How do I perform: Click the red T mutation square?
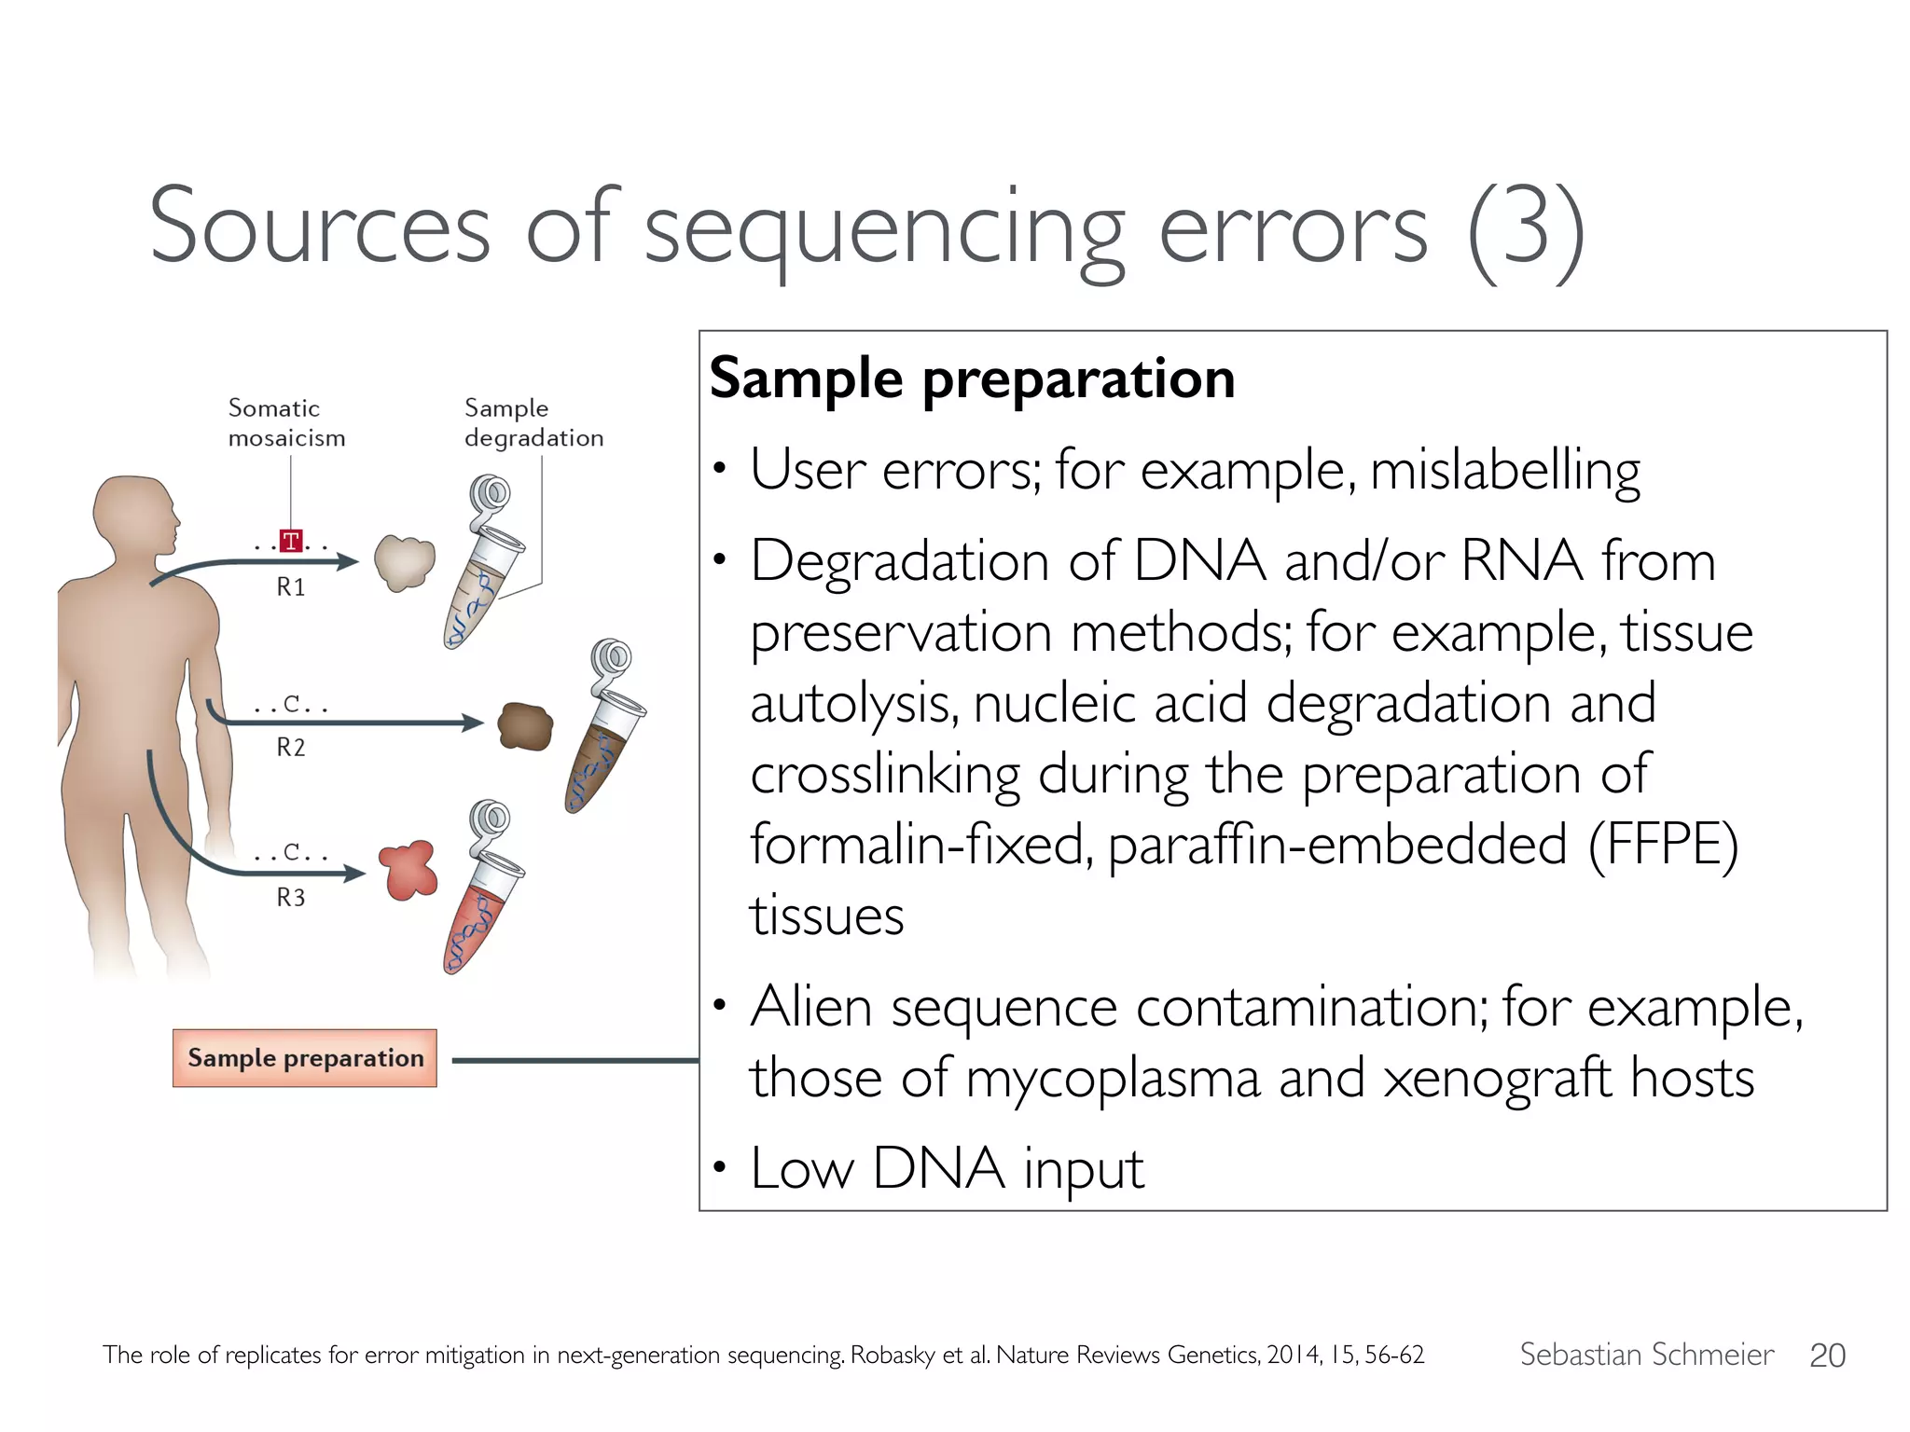pyautogui.click(x=291, y=541)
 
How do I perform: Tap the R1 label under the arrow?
pyautogui.click(x=291, y=587)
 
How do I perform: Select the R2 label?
pyautogui.click(x=291, y=748)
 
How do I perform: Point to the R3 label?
pyautogui.click(x=291, y=898)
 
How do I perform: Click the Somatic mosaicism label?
pyautogui.click(x=285, y=423)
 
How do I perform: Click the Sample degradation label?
pyautogui.click(x=533, y=423)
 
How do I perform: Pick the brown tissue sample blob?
pyautogui.click(x=525, y=726)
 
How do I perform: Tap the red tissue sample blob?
pyautogui.click(x=408, y=870)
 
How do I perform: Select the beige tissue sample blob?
pyautogui.click(x=405, y=562)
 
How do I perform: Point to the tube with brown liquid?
pyautogui.click(x=602, y=746)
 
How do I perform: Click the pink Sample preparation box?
pyautogui.click(x=305, y=1058)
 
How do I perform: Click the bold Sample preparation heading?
pyautogui.click(x=972, y=379)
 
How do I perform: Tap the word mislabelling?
pyautogui.click(x=1504, y=471)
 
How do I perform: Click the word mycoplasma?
pyautogui.click(x=1112, y=1079)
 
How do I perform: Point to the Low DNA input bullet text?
pyautogui.click(x=946, y=1168)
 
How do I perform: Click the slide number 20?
pyautogui.click(x=1826, y=1356)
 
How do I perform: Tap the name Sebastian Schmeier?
pyautogui.click(x=1646, y=1355)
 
